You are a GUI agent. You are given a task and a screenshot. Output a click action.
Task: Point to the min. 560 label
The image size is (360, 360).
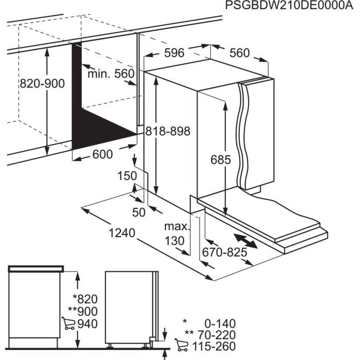click(x=110, y=74)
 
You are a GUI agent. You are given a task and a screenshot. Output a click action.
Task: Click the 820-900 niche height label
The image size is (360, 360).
click(x=42, y=84)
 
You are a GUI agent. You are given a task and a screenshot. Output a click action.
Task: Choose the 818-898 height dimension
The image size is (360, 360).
click(x=168, y=131)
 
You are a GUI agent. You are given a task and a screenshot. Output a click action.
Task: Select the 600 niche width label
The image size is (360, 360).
click(x=103, y=154)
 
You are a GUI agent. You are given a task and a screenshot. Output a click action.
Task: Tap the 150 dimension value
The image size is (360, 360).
click(x=127, y=175)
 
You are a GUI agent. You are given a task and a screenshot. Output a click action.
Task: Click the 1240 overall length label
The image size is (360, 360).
click(x=122, y=233)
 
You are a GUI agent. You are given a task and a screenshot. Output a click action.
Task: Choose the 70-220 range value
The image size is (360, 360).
click(x=215, y=335)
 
